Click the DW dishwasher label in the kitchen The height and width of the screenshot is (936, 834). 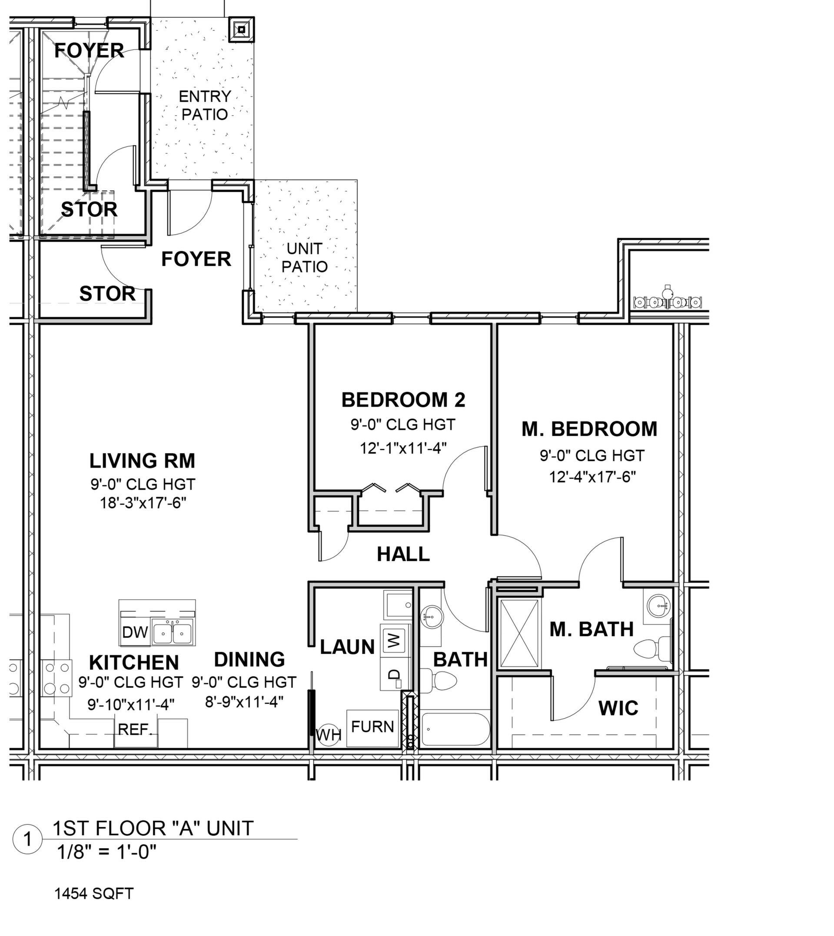click(135, 632)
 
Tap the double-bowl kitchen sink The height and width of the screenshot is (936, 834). click(172, 634)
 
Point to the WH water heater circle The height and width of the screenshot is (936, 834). click(329, 735)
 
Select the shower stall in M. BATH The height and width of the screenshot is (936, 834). click(519, 633)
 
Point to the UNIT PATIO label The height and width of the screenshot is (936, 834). click(305, 258)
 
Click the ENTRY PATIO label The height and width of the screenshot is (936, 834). click(204, 105)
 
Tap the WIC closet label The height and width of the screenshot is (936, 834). click(618, 709)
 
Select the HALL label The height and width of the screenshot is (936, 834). click(403, 554)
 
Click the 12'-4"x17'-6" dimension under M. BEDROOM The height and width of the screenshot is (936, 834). click(592, 478)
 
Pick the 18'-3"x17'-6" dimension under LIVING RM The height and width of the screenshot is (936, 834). click(143, 504)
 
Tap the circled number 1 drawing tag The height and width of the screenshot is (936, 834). click(27, 840)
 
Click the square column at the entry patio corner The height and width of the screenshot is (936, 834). click(242, 30)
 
